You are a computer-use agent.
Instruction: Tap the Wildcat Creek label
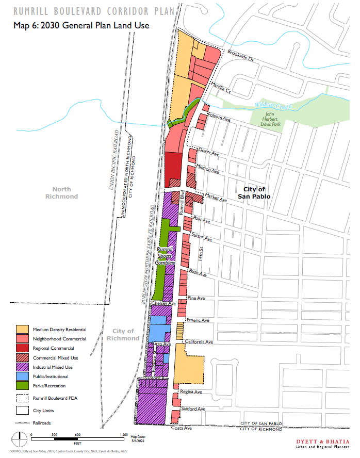click(x=273, y=106)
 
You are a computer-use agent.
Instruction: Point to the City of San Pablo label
click(x=254, y=193)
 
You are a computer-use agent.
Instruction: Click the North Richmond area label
click(x=61, y=193)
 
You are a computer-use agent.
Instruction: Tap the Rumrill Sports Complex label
click(x=167, y=255)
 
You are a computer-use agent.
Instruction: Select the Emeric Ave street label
click(x=198, y=320)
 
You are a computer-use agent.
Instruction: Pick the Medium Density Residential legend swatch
click(x=22, y=329)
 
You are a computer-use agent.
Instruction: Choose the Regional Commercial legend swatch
click(x=22, y=348)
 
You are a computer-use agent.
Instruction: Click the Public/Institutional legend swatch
click(x=22, y=377)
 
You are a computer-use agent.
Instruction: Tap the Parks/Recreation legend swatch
click(x=22, y=386)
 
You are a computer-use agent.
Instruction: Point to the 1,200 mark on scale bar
click(x=123, y=435)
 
